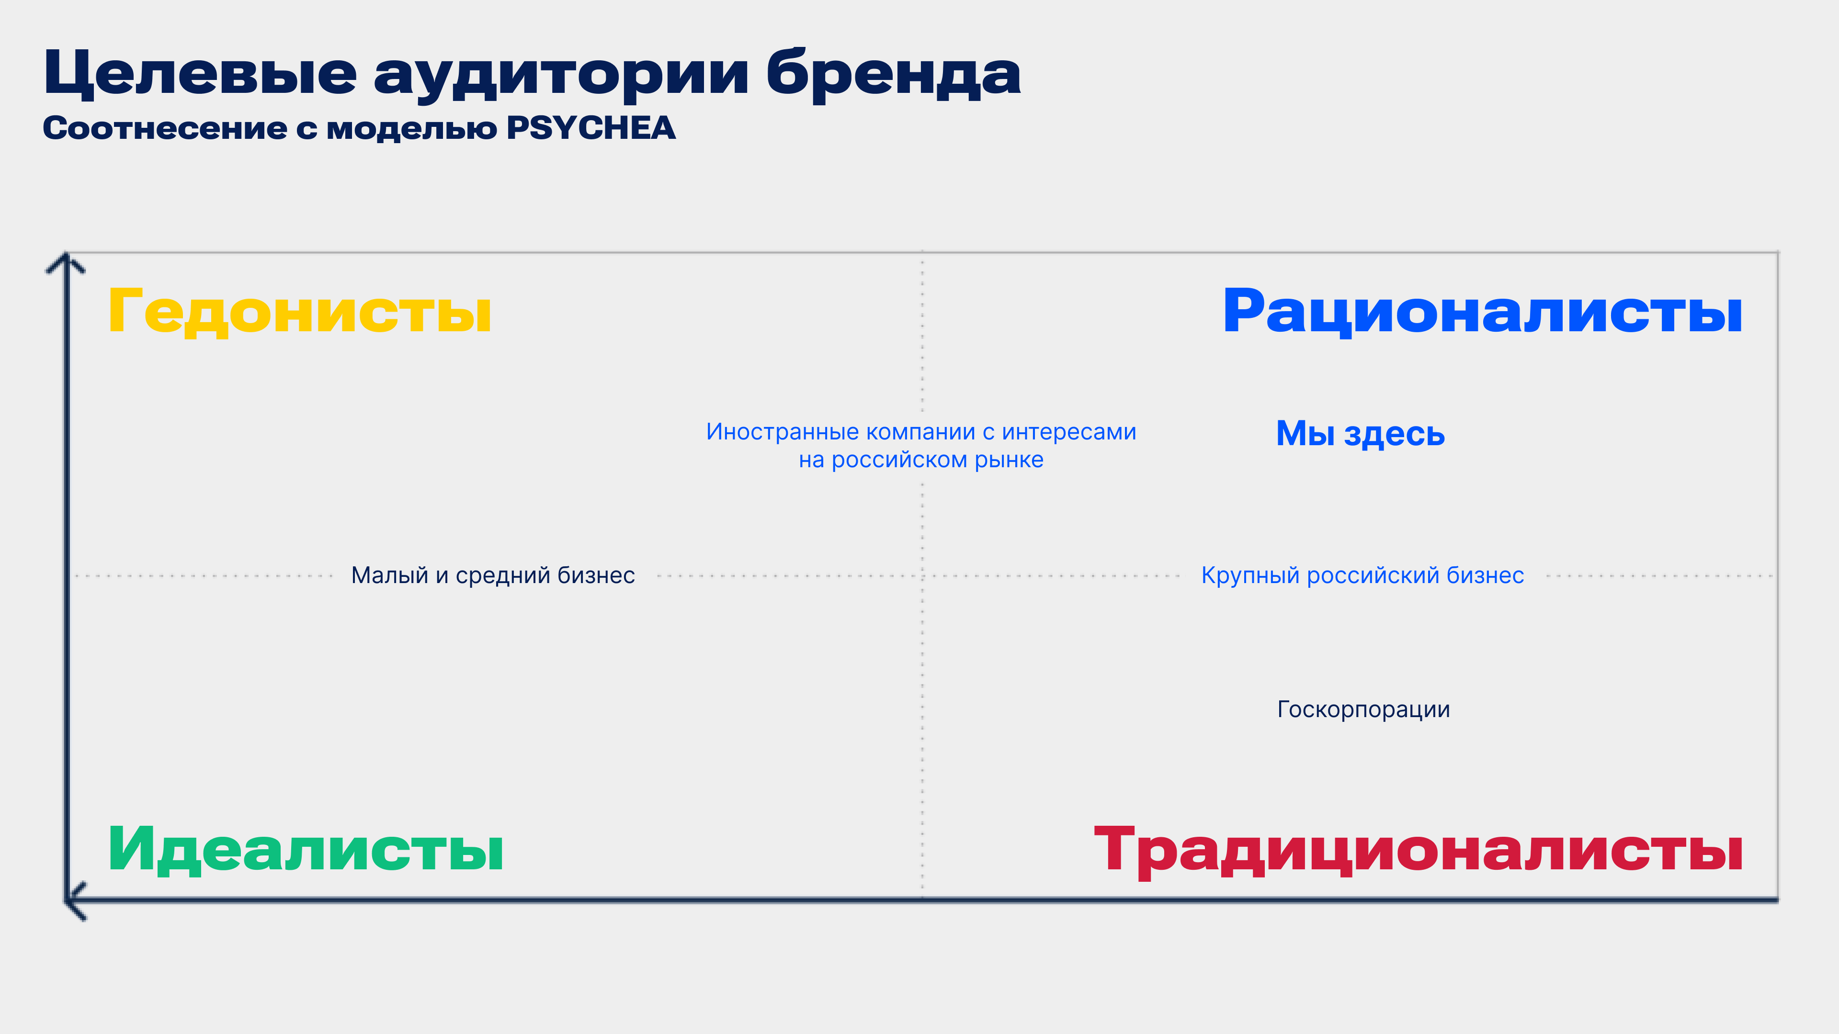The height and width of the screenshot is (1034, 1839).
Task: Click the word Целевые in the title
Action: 200,74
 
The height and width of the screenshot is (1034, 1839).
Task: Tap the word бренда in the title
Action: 893,74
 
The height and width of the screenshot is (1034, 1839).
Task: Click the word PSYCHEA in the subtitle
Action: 591,128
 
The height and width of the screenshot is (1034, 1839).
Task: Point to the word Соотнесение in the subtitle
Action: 165,128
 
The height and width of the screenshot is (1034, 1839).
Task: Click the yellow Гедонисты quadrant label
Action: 300,312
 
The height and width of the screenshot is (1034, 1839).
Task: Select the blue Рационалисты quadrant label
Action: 1483,312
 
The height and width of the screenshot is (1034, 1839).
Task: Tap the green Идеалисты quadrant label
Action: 306,849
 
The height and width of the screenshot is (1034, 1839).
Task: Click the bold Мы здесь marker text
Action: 1361,433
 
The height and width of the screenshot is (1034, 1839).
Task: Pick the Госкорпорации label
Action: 1363,710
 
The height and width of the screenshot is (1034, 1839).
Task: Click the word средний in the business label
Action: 503,575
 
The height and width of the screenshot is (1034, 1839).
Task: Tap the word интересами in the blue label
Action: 1069,432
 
